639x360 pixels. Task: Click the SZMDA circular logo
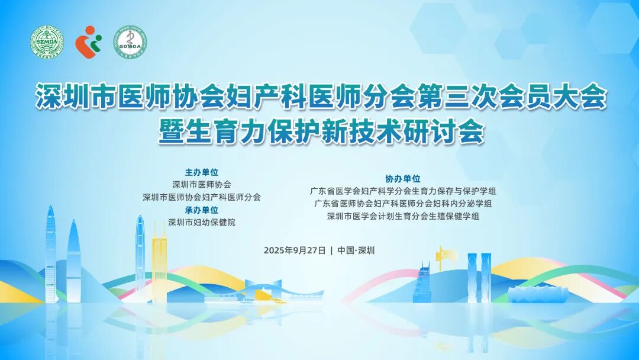pos(46,42)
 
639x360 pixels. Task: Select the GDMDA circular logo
pos(130,42)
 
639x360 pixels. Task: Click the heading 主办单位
pos(202,172)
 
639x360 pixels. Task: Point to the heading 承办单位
pos(202,210)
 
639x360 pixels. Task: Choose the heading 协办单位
pos(403,178)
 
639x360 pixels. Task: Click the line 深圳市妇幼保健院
pos(202,223)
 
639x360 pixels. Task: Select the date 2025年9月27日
pos(295,250)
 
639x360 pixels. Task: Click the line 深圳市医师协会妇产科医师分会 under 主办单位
pos(202,197)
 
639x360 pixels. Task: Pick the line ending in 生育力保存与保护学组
pos(403,191)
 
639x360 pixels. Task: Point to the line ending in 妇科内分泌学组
pos(403,204)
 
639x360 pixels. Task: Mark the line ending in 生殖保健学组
pos(403,217)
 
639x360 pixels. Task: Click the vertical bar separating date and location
pos(332,250)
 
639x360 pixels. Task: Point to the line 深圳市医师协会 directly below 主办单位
pos(202,185)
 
